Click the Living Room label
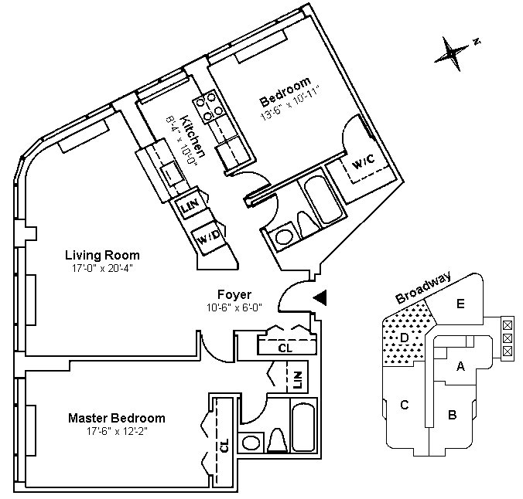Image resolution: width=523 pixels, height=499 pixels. (102, 256)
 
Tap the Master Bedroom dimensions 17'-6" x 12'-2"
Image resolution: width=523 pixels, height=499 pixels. (117, 431)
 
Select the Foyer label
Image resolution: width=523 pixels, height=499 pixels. (234, 294)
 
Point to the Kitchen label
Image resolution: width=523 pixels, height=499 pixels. (193, 136)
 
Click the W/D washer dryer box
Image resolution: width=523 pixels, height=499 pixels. (209, 237)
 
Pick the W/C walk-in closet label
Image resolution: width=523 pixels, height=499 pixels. (363, 162)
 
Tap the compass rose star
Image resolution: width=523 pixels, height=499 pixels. (451, 53)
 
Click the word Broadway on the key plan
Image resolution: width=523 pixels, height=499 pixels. (423, 287)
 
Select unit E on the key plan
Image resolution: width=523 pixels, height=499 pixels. (460, 304)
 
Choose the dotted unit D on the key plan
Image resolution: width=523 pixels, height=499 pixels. (405, 338)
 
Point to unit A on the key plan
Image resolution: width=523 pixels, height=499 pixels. (460, 366)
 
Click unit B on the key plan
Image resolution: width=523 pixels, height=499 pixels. (452, 415)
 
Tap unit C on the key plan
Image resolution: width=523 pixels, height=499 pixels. (405, 405)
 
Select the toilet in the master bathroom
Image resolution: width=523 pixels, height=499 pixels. (278, 440)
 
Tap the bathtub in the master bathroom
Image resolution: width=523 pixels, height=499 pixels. (303, 427)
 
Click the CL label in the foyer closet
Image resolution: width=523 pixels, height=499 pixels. (285, 348)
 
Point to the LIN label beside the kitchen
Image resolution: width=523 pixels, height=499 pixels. (190, 206)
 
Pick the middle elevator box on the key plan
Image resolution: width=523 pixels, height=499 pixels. (507, 338)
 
